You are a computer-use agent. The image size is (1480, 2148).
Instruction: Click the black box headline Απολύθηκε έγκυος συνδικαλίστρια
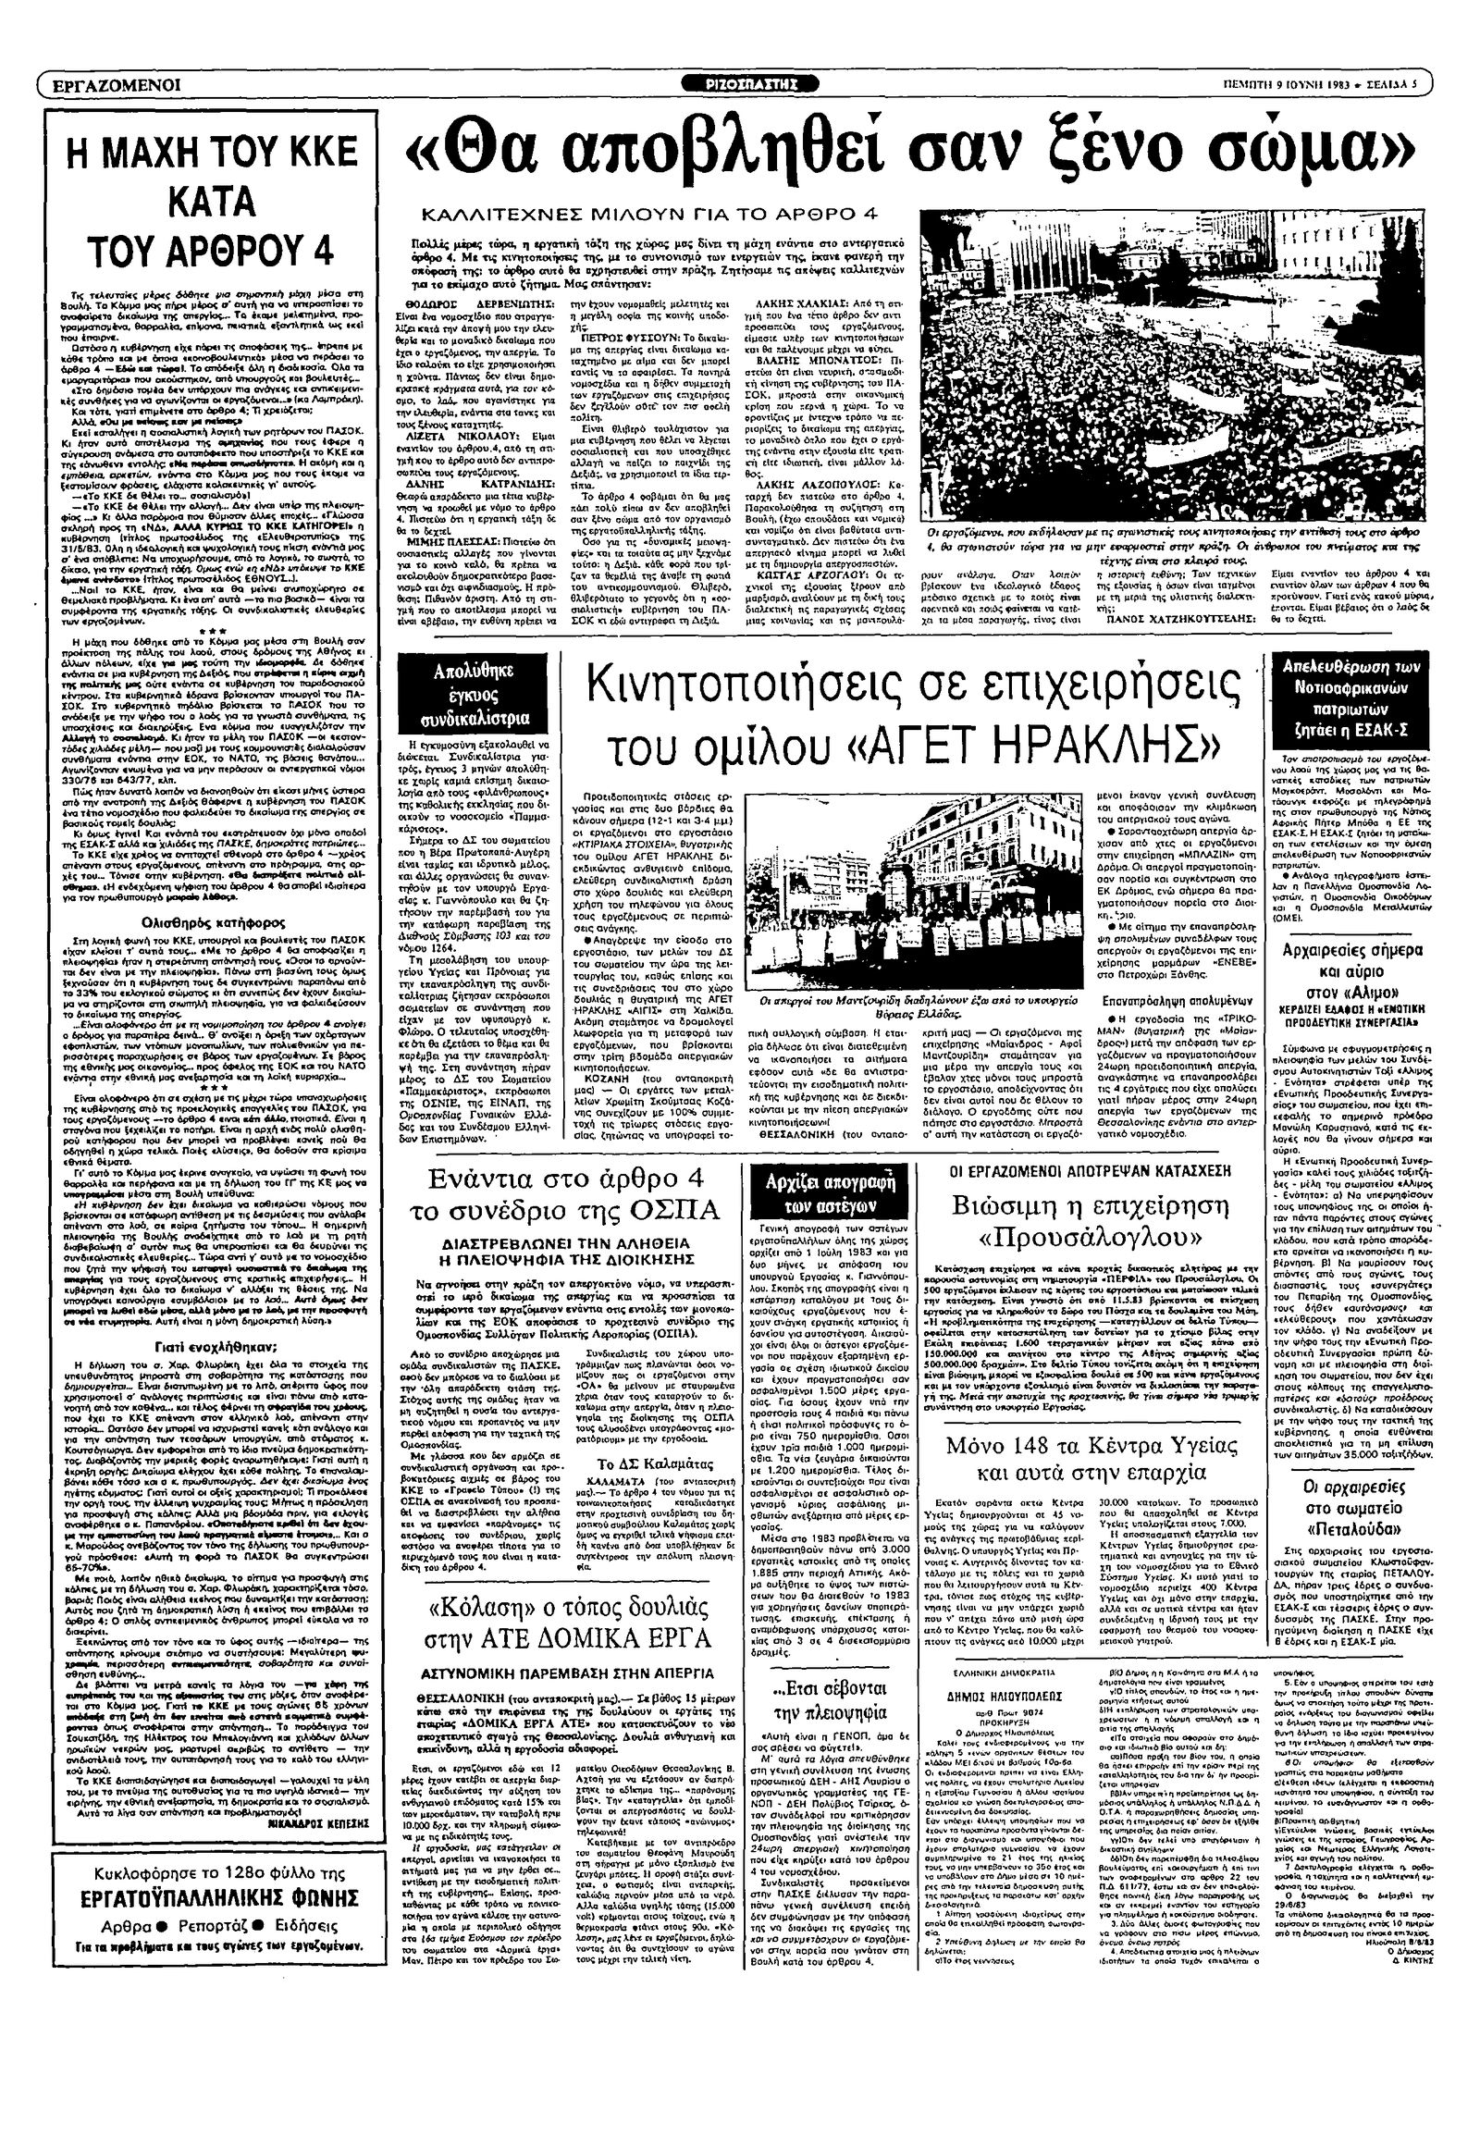(474, 694)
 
